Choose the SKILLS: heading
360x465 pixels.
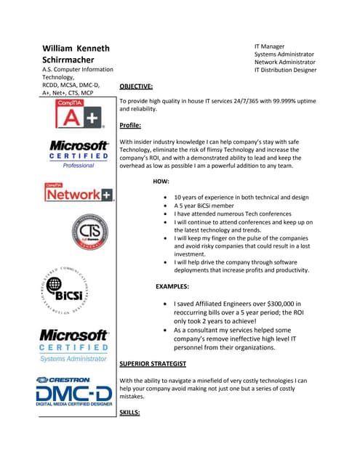tap(129, 413)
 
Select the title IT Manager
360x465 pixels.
tap(270, 46)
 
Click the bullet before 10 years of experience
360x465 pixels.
tap(168, 198)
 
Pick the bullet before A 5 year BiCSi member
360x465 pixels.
tap(168, 206)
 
